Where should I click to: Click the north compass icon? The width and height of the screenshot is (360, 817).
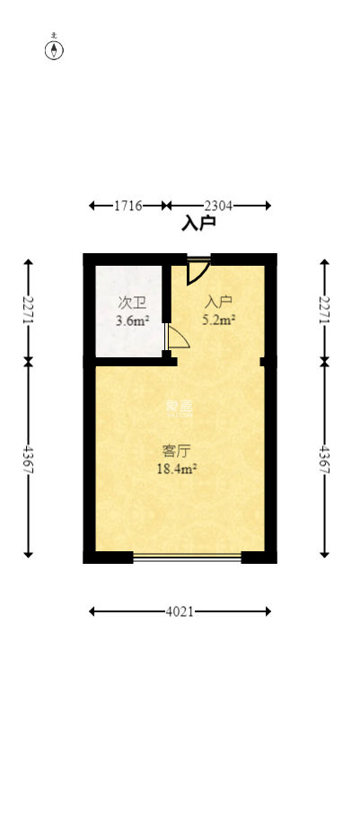point(55,48)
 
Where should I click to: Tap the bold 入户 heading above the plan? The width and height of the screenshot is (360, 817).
point(198,224)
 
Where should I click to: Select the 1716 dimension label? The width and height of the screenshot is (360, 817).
point(128,206)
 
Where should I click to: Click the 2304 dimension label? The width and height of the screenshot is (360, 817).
point(218,206)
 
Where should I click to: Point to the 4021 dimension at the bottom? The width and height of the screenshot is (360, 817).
point(180,611)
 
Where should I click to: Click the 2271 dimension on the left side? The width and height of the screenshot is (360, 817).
point(28,311)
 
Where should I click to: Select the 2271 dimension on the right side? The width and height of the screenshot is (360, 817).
point(325,311)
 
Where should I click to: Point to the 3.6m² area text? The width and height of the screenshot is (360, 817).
point(132,320)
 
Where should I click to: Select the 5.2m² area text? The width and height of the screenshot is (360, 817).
point(219,319)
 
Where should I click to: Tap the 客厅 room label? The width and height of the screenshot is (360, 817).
point(177,451)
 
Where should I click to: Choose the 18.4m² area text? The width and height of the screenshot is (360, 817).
point(177,468)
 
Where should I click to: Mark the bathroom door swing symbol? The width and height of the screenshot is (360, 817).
point(176,337)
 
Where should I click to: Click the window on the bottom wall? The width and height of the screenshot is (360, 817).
point(187,558)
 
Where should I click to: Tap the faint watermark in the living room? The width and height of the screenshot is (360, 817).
point(180,407)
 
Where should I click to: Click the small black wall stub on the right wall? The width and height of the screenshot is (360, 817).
point(264,362)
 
